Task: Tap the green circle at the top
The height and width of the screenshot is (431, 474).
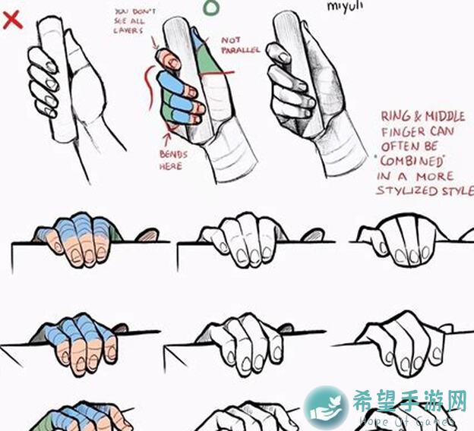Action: (x=213, y=7)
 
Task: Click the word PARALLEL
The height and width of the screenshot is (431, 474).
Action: (x=241, y=50)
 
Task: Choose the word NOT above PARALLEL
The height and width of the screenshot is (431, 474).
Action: (x=231, y=39)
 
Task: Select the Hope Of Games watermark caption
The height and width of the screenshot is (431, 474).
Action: (x=403, y=421)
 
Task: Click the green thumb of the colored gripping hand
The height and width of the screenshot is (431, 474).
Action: (x=201, y=53)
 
